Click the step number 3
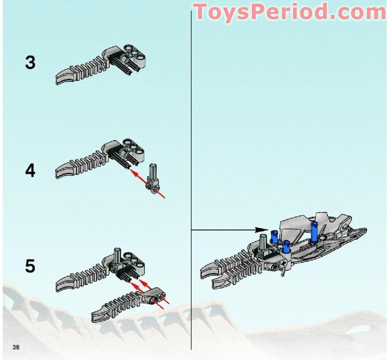tap(30, 63)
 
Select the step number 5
tap(30, 266)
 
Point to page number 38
tap(16, 346)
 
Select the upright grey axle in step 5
tap(118, 255)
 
